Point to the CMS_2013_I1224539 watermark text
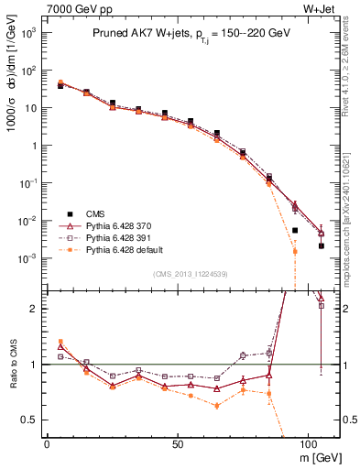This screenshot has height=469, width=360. pos(190,274)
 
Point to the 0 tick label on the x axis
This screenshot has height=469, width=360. pos(47,442)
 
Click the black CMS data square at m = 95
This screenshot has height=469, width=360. pos(295,230)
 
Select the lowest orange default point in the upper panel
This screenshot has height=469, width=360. pos(295,251)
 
